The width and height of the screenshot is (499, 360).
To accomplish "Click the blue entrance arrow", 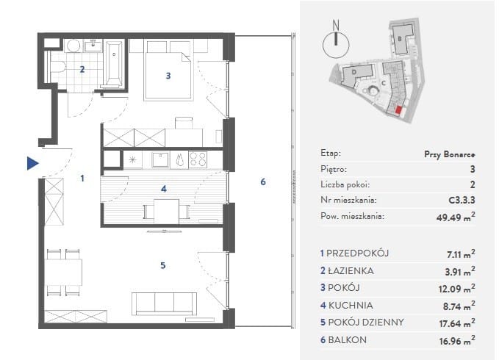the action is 32,163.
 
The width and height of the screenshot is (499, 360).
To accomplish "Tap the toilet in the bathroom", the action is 57,68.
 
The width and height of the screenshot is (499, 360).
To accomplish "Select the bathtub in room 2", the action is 114,63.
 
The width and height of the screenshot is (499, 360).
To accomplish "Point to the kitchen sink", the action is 160,159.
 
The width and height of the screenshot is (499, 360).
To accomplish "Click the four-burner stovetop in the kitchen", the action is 198,159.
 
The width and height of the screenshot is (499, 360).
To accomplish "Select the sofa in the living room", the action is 164,303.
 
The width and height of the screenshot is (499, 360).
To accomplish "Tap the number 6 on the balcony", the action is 263,181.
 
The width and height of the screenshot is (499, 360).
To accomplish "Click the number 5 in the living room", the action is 163,265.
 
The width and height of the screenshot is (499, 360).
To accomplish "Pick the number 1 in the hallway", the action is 82,178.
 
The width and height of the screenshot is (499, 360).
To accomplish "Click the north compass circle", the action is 336,45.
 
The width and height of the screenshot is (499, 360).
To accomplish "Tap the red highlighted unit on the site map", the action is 398,110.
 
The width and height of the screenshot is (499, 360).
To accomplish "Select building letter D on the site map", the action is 354,72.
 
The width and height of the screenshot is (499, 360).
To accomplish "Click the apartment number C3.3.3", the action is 462,200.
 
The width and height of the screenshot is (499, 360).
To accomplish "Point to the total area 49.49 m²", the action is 456,217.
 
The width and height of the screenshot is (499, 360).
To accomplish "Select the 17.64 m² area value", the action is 457,323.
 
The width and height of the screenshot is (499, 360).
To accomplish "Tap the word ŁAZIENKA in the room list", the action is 351,270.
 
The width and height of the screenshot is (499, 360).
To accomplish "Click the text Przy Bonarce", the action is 449,154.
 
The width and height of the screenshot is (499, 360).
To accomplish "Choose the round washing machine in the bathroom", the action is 73,46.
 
